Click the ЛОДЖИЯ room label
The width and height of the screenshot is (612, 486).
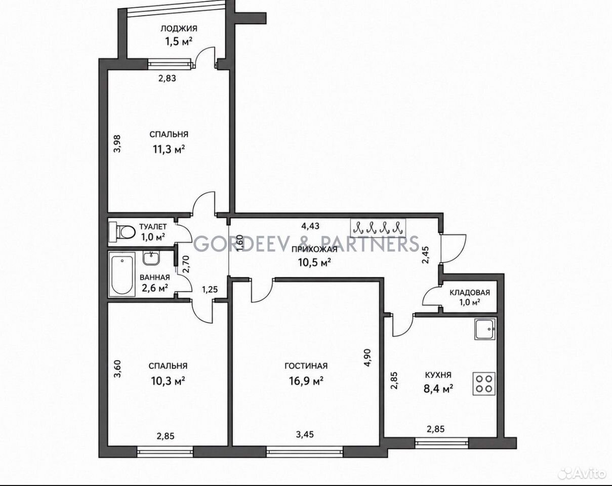(x=179, y=28)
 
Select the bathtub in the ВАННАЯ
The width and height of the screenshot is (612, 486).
(x=121, y=275)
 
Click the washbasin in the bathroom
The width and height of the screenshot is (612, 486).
(x=151, y=258)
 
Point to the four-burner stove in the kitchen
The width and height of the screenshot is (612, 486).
(x=484, y=384)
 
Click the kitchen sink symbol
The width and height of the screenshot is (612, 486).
(x=485, y=329)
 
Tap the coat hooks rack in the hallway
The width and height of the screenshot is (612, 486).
(x=378, y=228)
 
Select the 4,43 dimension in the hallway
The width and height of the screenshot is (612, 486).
(x=310, y=226)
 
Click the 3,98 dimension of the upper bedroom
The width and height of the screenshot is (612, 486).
(x=117, y=144)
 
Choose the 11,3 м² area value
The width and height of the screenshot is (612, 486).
(x=169, y=149)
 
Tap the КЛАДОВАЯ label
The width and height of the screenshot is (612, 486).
(x=470, y=293)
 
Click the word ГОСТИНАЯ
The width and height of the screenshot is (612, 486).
(x=306, y=366)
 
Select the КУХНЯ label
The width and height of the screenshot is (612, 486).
(x=438, y=375)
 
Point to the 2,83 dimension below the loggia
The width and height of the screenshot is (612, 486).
(x=167, y=78)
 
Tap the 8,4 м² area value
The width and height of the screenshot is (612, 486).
(x=438, y=389)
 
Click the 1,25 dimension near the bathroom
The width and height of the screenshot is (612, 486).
(x=210, y=290)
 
